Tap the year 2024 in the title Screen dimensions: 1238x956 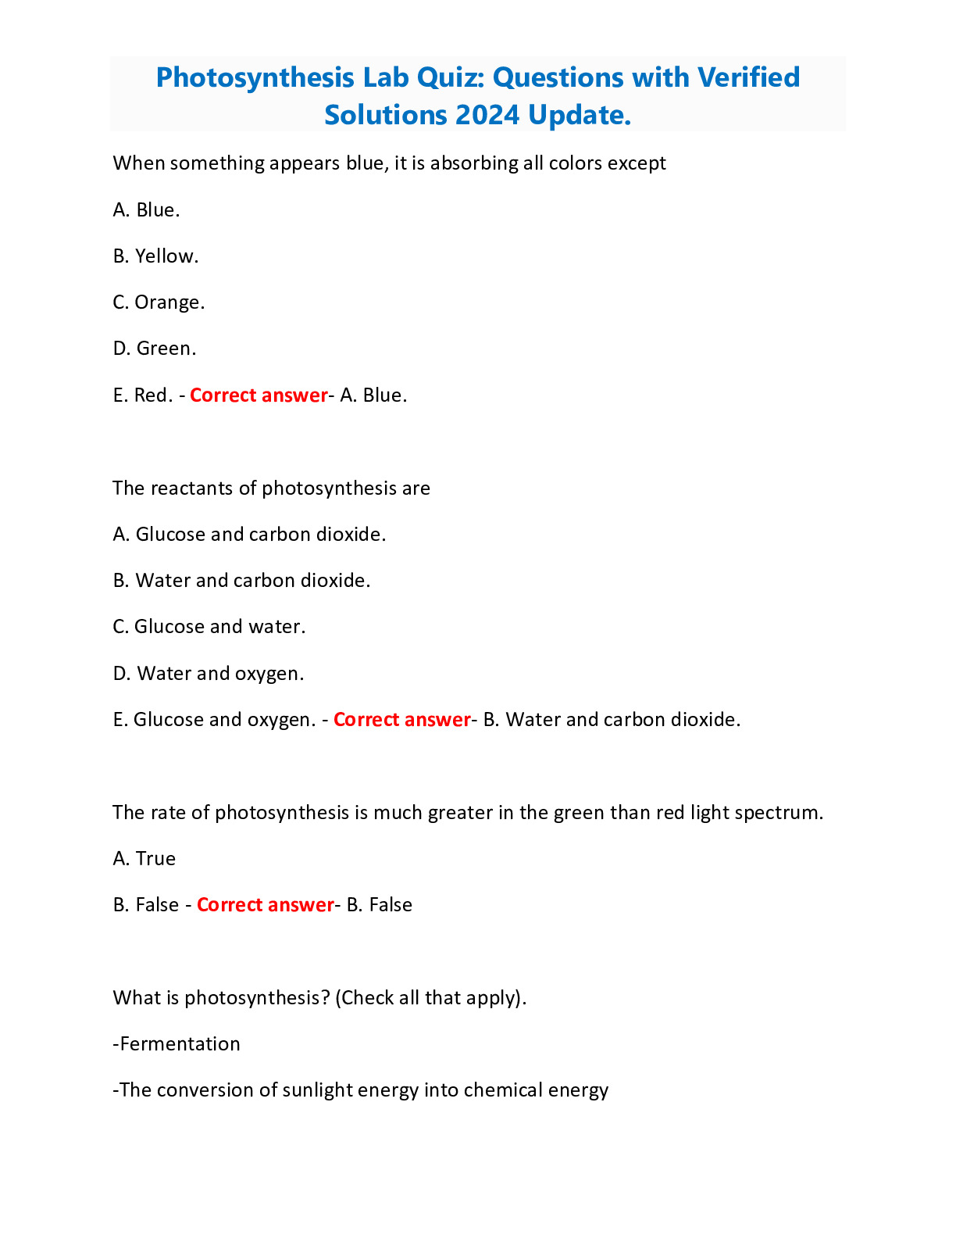486,116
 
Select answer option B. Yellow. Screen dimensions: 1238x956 155,256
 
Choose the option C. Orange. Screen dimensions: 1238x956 159,302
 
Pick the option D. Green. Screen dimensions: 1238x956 155,349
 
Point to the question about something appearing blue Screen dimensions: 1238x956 389,163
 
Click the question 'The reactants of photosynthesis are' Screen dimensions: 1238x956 271,488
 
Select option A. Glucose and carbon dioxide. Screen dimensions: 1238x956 249,535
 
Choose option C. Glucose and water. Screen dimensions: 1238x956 209,627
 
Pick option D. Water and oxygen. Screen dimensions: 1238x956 209,674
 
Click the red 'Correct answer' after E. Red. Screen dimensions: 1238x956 259,395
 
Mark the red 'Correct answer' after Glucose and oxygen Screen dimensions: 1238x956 402,720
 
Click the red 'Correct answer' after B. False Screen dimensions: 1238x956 266,905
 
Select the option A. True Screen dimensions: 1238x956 144,859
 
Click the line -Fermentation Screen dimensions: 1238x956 177,1044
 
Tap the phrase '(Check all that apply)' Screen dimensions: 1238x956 430,998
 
